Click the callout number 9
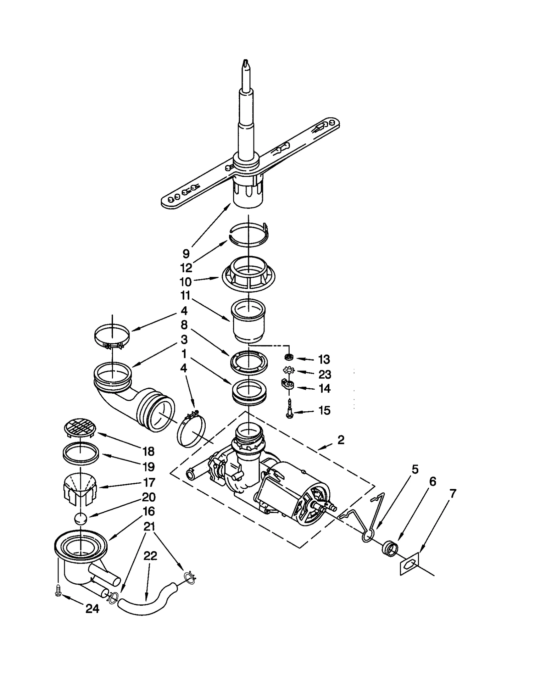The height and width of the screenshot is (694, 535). (x=186, y=253)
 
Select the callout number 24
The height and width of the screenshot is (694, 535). (x=93, y=609)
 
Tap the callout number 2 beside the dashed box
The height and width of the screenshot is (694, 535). (x=341, y=440)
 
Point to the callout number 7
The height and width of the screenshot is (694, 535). (x=453, y=494)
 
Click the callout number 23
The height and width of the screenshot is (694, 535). (x=325, y=374)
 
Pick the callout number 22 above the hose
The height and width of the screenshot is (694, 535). (x=150, y=556)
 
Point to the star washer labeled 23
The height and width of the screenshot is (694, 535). (x=288, y=371)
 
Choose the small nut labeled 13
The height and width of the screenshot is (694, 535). (x=289, y=357)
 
